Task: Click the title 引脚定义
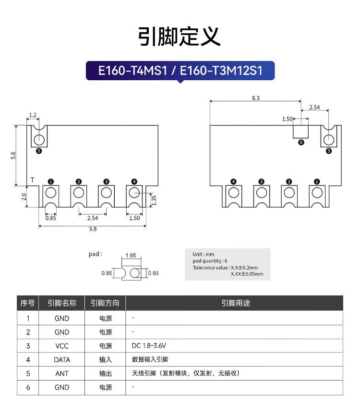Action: [x=180, y=37]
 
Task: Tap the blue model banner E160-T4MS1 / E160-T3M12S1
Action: [x=180, y=71]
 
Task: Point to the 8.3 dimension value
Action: [x=255, y=98]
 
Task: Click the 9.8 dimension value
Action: [x=93, y=229]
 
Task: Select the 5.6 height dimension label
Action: [x=13, y=155]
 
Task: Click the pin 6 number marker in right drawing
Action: [x=301, y=142]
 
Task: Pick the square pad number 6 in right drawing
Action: [x=301, y=131]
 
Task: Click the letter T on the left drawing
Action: [x=32, y=180]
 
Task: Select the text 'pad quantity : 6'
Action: [x=210, y=261]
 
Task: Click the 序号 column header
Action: [x=28, y=303]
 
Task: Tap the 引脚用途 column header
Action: [x=235, y=303]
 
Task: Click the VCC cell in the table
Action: [x=61, y=346]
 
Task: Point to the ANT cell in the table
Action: [x=61, y=373]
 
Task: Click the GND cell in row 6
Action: [x=61, y=387]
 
